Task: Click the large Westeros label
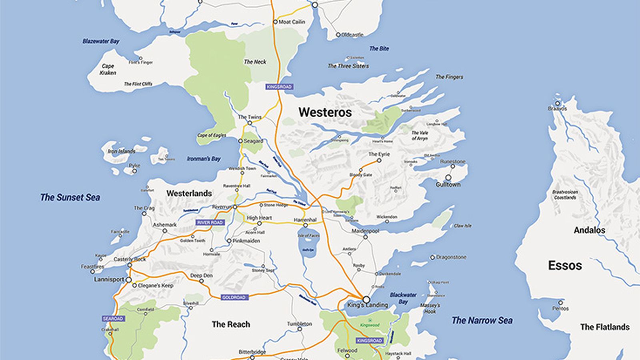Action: click(x=325, y=112)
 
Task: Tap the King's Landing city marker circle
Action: click(x=366, y=299)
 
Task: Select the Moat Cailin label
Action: click(x=292, y=22)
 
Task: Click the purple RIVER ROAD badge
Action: click(x=210, y=222)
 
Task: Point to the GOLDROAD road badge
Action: click(x=234, y=297)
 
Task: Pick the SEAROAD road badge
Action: click(x=113, y=318)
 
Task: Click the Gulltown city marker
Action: click(x=448, y=178)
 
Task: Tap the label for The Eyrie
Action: click(x=379, y=154)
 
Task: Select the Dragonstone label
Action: click(x=451, y=257)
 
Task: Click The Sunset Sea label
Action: click(x=70, y=197)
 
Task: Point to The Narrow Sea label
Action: click(x=482, y=320)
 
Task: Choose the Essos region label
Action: click(x=565, y=265)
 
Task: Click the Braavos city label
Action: click(x=557, y=108)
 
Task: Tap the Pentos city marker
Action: click(x=560, y=303)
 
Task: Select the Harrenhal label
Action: click(x=305, y=220)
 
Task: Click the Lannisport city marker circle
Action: click(x=128, y=280)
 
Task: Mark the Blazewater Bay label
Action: click(x=101, y=41)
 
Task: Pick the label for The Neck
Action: click(x=255, y=62)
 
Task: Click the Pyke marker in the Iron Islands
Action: click(x=135, y=171)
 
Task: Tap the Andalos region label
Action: click(x=589, y=230)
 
